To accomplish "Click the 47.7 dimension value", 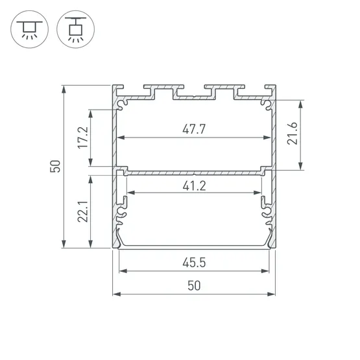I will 194,128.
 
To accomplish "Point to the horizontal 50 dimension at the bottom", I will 194,285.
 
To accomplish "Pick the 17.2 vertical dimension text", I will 82,137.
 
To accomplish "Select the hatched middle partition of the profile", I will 194,172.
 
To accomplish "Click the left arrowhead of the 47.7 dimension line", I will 121,138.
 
